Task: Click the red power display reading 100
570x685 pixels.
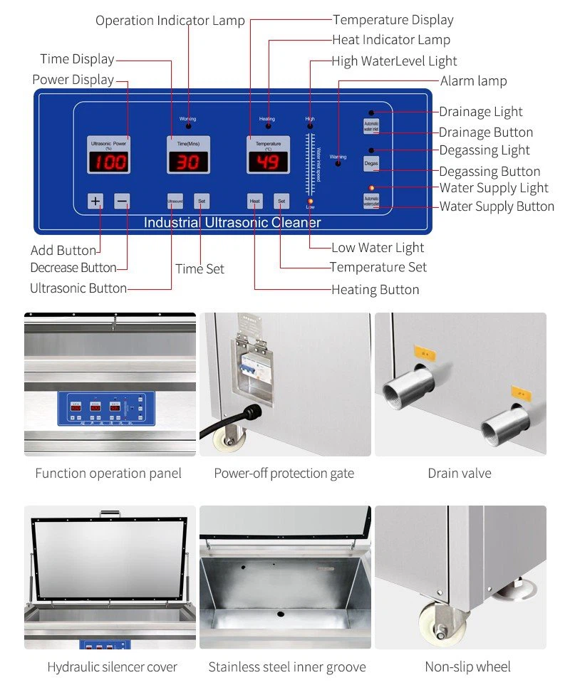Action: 109,162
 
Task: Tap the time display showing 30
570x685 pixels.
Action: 188,162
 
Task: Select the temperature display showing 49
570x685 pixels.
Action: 268,162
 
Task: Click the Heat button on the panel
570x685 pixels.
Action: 255,202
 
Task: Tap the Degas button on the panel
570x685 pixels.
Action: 371,164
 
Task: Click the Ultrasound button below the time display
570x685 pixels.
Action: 175,202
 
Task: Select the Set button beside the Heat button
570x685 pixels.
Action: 281,202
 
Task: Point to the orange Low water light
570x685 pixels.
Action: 310,202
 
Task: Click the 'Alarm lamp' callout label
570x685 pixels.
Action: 473,81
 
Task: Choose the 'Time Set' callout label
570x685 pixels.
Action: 199,268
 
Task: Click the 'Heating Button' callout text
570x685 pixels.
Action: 375,289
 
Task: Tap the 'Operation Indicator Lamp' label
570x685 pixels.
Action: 170,21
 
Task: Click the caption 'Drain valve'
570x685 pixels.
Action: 460,473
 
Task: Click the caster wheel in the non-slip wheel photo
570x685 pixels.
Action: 434,620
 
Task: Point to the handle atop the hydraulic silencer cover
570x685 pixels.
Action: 110,512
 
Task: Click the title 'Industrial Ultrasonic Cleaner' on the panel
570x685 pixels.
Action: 232,223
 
